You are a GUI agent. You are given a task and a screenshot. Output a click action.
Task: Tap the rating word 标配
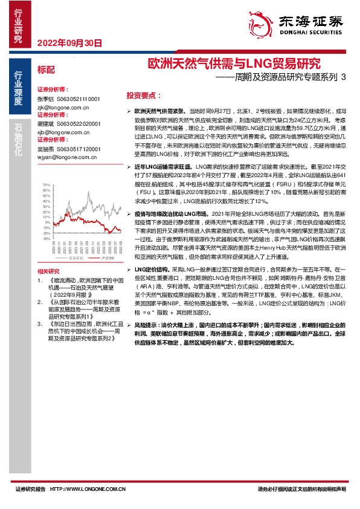[46, 70]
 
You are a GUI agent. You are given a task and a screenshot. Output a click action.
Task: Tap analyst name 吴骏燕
[46, 148]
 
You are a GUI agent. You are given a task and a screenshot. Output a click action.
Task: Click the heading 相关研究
[48, 271]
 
